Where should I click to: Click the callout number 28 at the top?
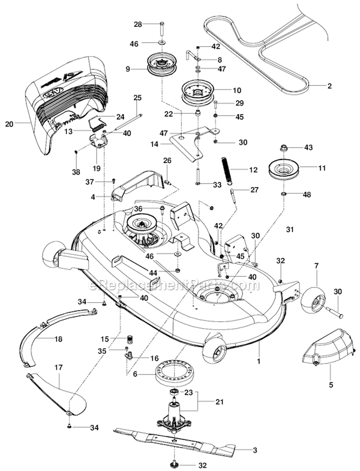(138, 24)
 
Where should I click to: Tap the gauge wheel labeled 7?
(313, 300)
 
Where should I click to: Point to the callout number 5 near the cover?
(330, 384)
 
